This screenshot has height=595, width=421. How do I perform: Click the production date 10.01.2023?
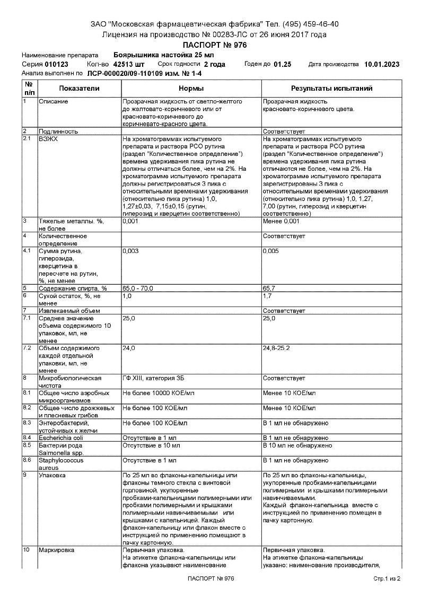pyautogui.click(x=382, y=64)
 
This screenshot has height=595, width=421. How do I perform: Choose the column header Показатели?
pyautogui.click(x=79, y=89)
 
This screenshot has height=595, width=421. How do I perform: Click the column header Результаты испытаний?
pyautogui.click(x=331, y=89)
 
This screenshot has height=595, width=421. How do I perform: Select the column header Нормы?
pyautogui.click(x=191, y=89)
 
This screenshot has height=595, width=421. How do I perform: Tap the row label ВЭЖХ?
pyautogui.click(x=48, y=138)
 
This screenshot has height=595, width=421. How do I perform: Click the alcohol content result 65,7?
pyautogui.click(x=270, y=288)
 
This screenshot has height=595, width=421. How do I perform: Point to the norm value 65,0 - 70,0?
pyautogui.click(x=138, y=288)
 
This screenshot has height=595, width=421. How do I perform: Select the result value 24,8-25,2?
pyautogui.click(x=276, y=348)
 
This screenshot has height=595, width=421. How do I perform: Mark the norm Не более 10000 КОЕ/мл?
pyautogui.click(x=155, y=393)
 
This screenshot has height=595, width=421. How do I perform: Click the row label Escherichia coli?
pyautogui.click(x=61, y=437)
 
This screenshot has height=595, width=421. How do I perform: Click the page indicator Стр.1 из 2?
pyautogui.click(x=387, y=578)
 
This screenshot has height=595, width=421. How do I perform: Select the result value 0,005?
pyautogui.click(x=271, y=250)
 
